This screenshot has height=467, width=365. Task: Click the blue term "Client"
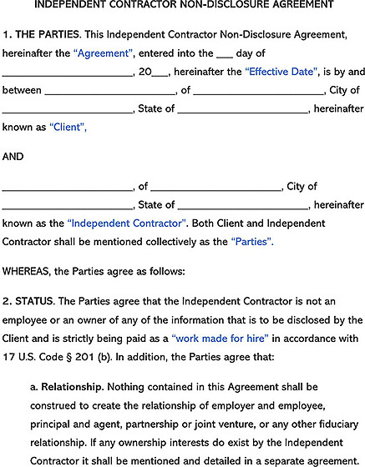coord(68,128)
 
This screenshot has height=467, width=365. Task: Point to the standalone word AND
coord(13,156)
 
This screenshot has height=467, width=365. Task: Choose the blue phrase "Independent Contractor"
coord(126,223)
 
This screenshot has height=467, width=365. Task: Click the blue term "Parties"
coord(251,242)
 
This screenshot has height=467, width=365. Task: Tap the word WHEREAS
coord(25,271)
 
